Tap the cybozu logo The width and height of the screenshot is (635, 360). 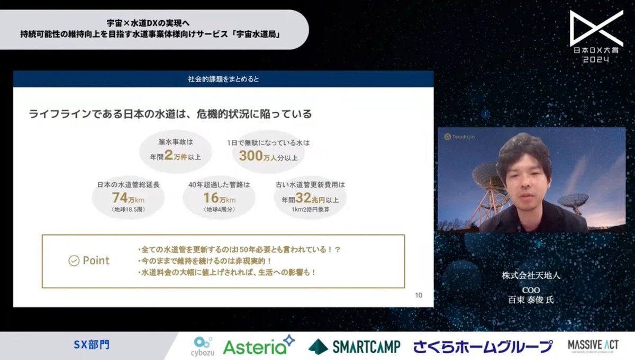point(203,346)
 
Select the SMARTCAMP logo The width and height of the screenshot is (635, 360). point(355,346)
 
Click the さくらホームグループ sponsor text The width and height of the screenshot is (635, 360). point(483,346)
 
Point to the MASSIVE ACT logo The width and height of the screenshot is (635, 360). point(593,346)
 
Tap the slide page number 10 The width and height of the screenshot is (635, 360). point(419,295)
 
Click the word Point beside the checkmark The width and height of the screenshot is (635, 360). point(96,260)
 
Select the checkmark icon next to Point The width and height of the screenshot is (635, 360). point(74,260)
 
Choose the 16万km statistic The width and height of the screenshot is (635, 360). point(219,199)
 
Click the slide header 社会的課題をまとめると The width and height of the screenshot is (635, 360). point(223,79)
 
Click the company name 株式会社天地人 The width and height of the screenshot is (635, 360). point(530,276)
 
